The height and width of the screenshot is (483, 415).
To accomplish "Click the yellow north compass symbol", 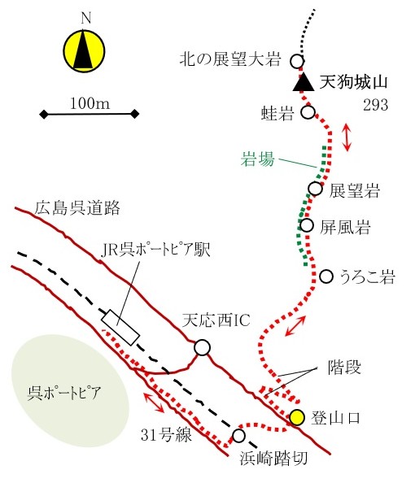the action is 84,51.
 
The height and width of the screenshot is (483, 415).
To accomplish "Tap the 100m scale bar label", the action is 90,103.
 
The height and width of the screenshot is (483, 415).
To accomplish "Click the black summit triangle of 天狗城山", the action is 304,82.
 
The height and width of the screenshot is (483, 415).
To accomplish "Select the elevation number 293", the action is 375,105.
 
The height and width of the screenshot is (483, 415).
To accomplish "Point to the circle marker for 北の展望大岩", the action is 297,61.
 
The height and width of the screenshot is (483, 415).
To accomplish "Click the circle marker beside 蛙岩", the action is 308,112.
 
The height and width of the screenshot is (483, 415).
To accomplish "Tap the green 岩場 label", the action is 257,159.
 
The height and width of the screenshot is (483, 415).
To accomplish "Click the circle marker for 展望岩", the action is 316,188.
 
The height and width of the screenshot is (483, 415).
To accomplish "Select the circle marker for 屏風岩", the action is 307,225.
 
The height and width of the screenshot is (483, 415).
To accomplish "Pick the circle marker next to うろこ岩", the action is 326,276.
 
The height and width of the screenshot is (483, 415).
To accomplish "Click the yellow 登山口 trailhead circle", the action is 297,418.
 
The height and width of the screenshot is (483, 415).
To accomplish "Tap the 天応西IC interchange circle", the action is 203,347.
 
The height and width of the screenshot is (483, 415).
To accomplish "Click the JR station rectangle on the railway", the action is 120,328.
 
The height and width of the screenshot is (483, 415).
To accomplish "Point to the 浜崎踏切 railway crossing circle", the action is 238,436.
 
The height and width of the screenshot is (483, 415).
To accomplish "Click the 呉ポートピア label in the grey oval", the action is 64,393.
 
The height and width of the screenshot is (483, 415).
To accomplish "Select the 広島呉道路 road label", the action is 77,208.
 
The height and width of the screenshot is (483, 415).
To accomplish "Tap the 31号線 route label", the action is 166,435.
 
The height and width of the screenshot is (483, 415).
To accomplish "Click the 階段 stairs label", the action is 343,368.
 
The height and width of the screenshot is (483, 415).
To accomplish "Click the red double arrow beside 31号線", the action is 154,402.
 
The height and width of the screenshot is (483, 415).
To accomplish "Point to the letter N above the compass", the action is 86,19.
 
